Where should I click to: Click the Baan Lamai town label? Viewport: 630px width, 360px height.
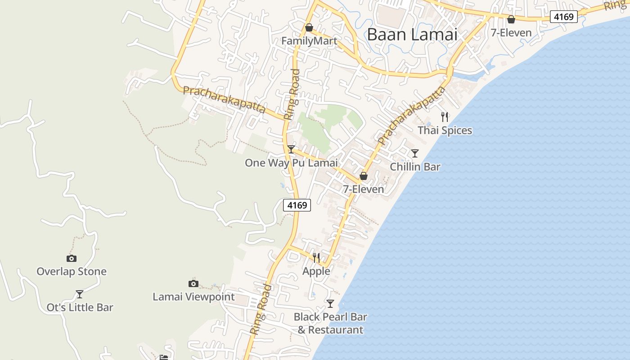(412, 35)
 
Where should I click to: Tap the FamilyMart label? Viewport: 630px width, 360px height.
(309, 41)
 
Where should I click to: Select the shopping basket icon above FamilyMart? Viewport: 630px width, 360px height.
(309, 28)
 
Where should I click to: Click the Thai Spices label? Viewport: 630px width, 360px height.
(445, 130)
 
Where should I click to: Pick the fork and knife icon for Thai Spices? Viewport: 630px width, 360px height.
(445, 117)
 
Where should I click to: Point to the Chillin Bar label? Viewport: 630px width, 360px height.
(415, 167)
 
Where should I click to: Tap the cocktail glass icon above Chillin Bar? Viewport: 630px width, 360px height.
(415, 153)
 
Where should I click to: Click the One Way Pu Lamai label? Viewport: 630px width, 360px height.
(291, 163)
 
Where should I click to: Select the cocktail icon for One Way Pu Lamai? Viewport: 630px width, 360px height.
(291, 149)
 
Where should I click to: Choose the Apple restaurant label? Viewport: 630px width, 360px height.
(316, 271)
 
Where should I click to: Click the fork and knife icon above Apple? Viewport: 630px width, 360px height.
(316, 258)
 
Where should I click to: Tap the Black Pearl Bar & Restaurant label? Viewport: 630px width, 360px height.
(330, 323)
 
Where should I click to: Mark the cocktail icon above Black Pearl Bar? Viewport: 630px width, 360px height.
(330, 304)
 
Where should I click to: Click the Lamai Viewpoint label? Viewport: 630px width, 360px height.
(193, 297)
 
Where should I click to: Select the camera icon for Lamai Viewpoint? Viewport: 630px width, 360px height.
(193, 283)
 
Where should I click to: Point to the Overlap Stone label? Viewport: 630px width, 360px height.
(72, 272)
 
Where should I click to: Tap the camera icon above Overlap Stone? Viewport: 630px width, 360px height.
(72, 258)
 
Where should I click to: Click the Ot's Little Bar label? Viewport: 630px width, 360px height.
(80, 308)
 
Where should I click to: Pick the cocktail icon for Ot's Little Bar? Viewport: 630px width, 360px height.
(80, 294)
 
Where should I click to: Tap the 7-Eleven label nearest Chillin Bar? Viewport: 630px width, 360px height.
(364, 189)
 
